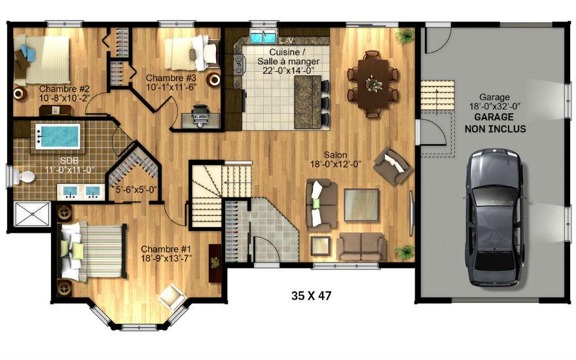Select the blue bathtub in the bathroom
click(x=58, y=136)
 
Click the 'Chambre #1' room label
click(x=166, y=249)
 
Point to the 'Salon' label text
click(x=335, y=155)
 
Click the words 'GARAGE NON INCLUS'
click(x=495, y=123)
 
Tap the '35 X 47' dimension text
click(x=311, y=295)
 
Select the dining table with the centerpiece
click(x=373, y=83)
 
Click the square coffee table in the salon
click(x=361, y=205)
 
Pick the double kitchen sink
click(x=262, y=37)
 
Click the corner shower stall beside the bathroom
click(x=31, y=214)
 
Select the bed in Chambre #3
click(x=191, y=52)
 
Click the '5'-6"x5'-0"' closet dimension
click(x=136, y=190)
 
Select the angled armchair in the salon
click(x=392, y=166)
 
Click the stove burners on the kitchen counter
click(x=238, y=64)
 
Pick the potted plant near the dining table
click(x=405, y=35)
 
